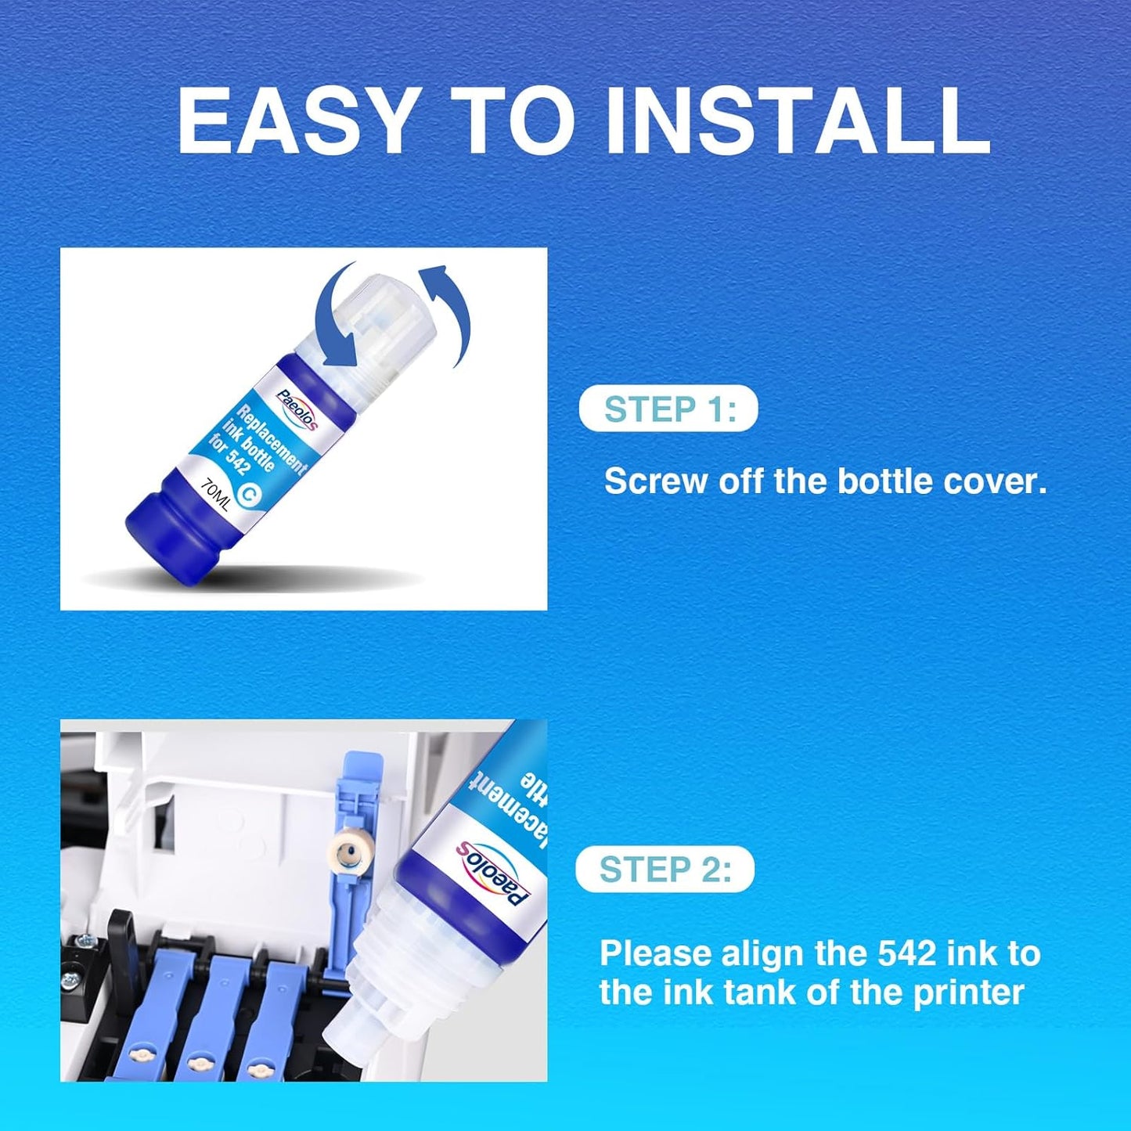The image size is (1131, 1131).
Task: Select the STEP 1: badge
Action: (x=668, y=409)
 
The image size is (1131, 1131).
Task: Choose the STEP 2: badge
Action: (x=665, y=869)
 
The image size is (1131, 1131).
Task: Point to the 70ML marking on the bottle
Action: (x=215, y=495)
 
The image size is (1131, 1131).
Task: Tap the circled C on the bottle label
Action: (x=250, y=493)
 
